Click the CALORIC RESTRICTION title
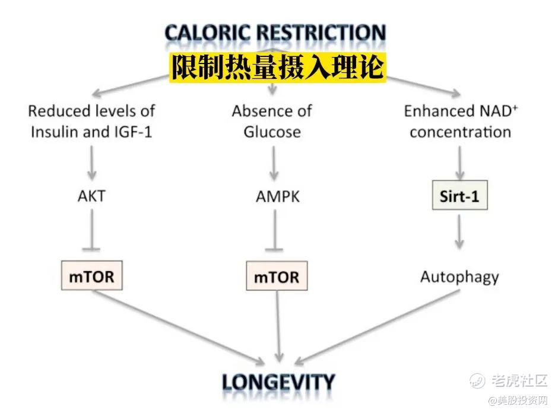275,33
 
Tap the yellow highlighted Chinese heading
278,67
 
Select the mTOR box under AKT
92,276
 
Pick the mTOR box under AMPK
277,277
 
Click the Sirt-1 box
460,195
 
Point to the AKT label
91,196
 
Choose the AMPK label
278,196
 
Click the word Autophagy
459,277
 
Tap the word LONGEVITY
278,382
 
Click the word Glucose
272,132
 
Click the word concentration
460,132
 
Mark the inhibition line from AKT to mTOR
92,230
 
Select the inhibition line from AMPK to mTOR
275,230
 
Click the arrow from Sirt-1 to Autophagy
459,232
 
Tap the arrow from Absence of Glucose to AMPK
274,163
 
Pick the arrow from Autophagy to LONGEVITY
377,328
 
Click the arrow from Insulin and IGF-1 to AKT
92,163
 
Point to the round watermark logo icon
477,381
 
